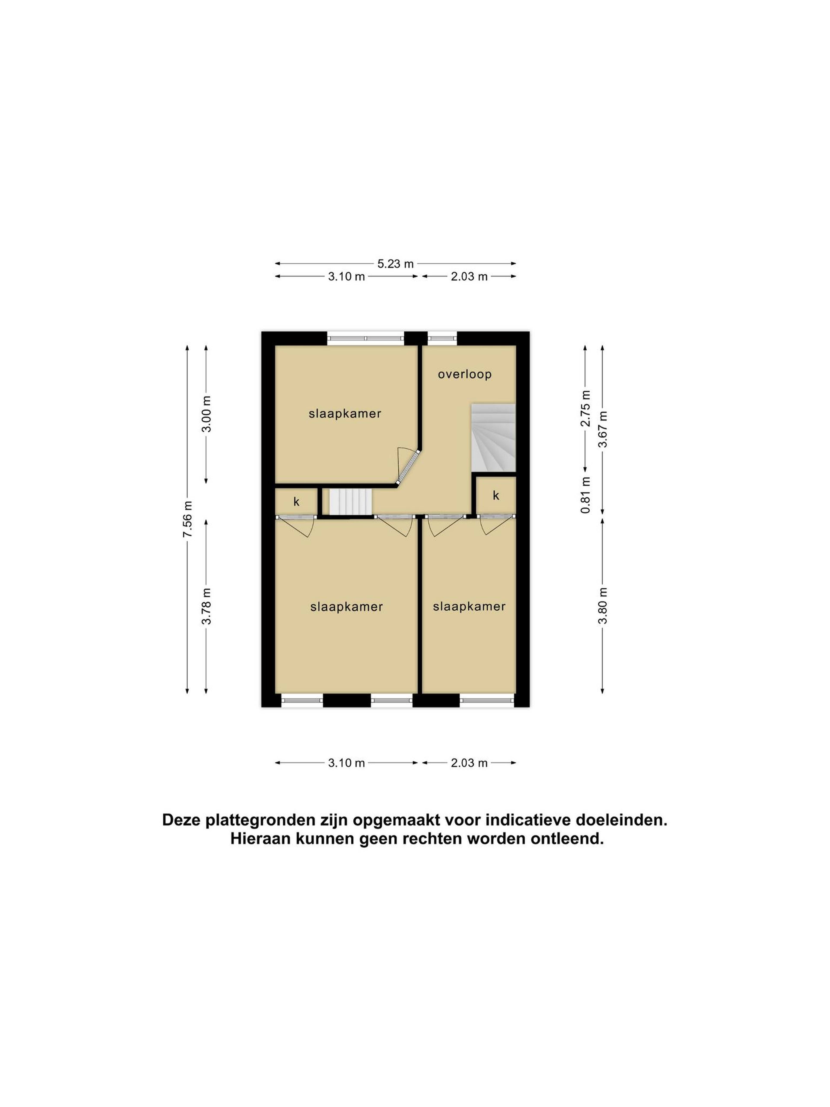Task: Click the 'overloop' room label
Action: click(x=464, y=374)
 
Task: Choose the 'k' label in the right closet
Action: click(x=496, y=496)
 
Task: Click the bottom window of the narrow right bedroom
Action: click(x=487, y=700)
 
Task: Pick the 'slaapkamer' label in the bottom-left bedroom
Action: click(x=346, y=606)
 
